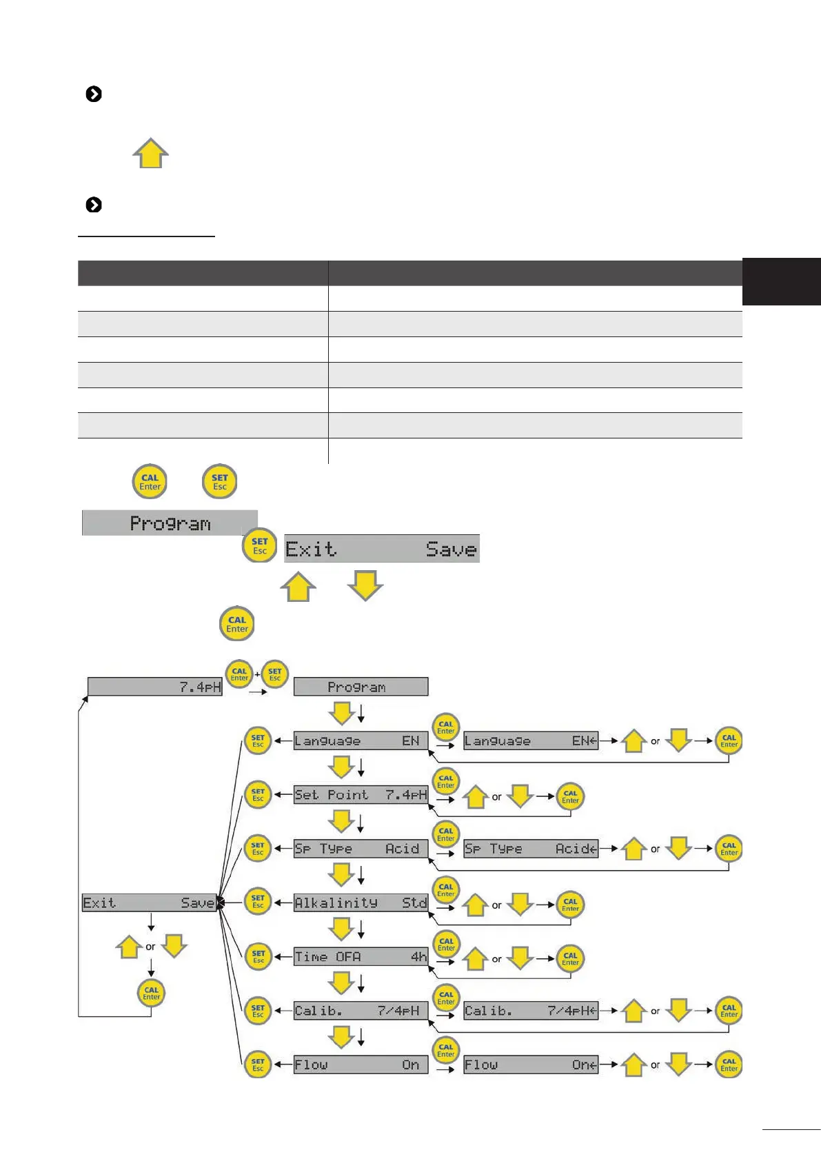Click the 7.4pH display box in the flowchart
coord(155,687)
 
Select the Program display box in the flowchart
coord(361,687)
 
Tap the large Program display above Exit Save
coord(170,523)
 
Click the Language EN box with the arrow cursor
coord(530,741)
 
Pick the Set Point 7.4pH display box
coord(361,795)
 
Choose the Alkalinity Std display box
coord(361,902)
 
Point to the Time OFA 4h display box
coord(361,957)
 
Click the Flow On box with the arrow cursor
coord(530,1065)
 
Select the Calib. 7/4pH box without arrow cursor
coord(361,1011)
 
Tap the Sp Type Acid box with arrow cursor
coord(530,849)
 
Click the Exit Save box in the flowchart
coord(148,903)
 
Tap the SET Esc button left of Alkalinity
coord(258,902)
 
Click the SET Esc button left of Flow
coord(258,1065)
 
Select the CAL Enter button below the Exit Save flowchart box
coord(152,993)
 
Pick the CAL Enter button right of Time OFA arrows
coord(570,959)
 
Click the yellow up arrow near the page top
coord(150,153)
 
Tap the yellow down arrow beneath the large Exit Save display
coord(365,585)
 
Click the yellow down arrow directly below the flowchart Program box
coord(341,713)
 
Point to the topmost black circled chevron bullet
coord(94,94)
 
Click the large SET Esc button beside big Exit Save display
coord(260,546)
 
